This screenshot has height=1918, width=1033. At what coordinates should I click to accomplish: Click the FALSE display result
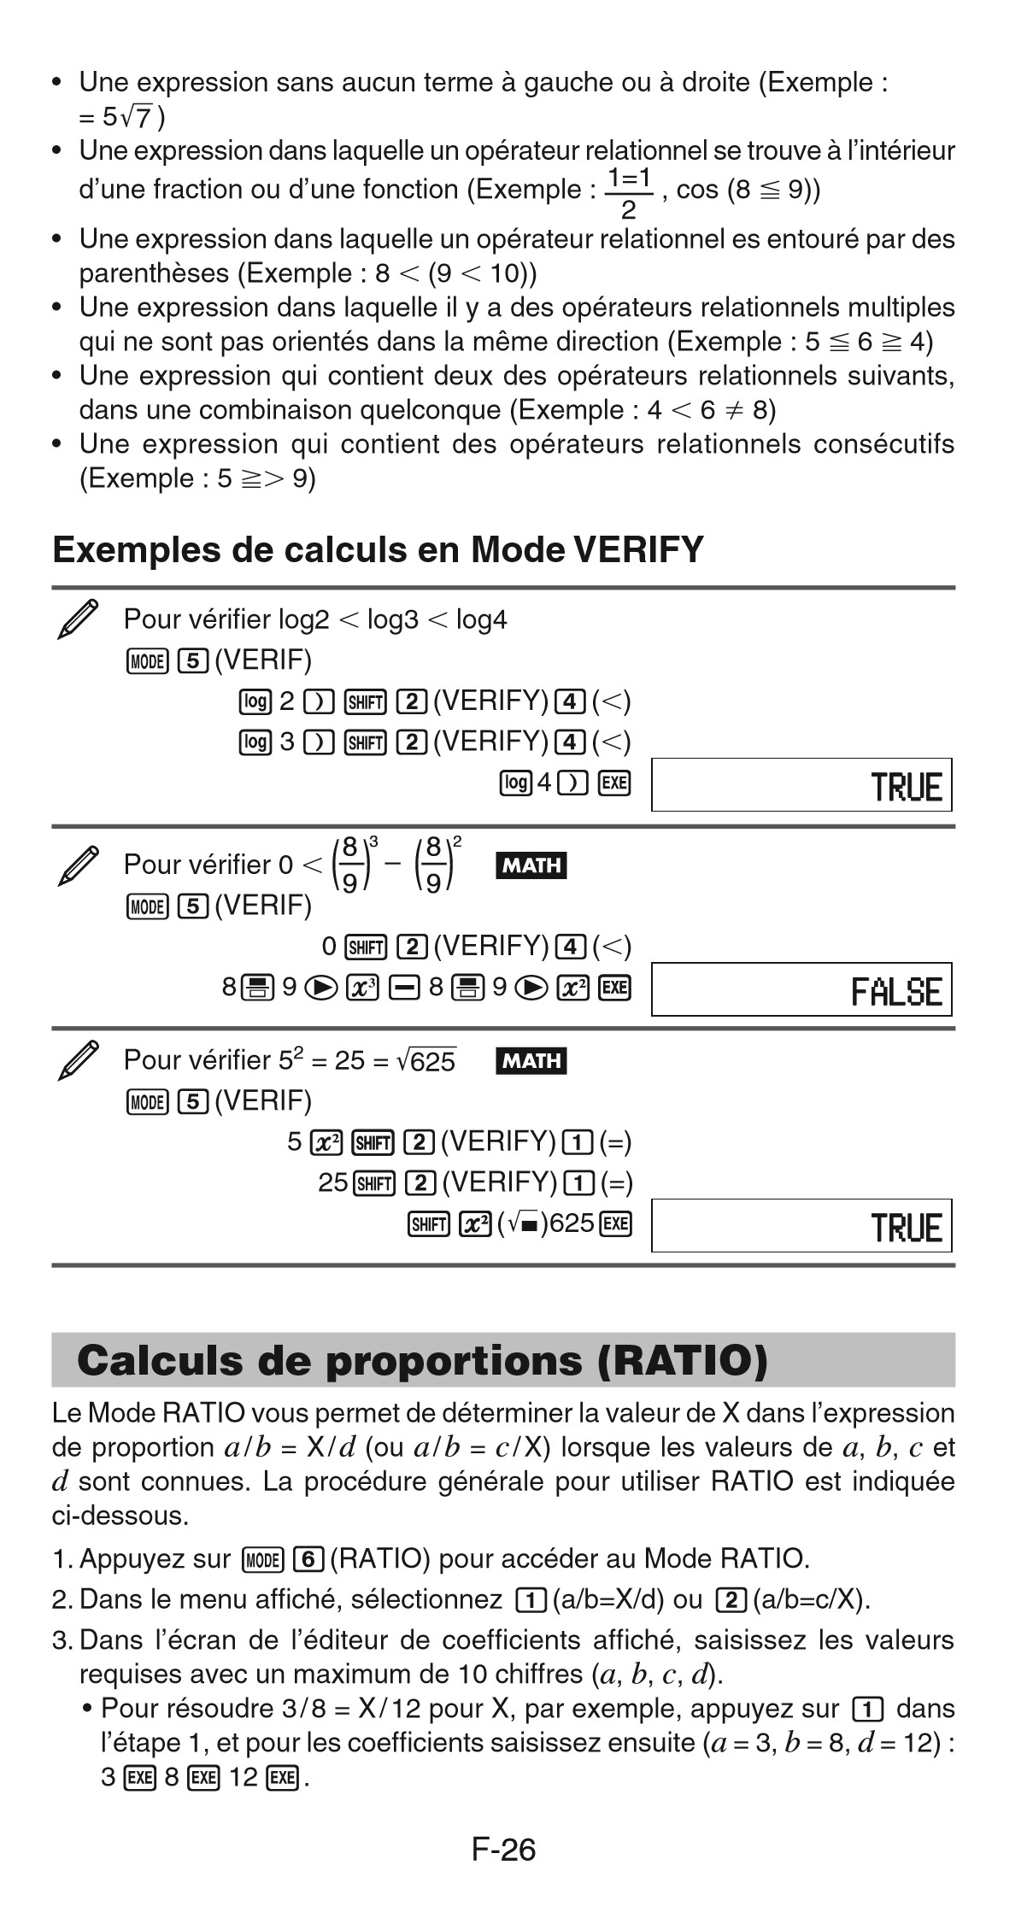click(x=896, y=992)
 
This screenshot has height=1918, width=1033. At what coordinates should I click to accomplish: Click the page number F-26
click(x=503, y=1851)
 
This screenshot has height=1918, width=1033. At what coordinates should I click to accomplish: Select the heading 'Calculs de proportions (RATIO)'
click(x=422, y=1361)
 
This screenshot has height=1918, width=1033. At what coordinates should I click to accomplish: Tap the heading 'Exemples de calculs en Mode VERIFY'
click(x=378, y=549)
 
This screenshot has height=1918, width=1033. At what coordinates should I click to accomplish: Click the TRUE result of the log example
click(x=907, y=786)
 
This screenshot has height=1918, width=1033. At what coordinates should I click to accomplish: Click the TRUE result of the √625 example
click(x=907, y=1228)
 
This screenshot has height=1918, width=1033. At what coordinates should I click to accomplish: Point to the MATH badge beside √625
click(x=531, y=1061)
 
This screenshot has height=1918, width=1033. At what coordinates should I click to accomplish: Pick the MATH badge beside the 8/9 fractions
click(x=531, y=865)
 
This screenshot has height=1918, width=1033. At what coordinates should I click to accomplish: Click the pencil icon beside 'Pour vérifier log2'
click(x=78, y=619)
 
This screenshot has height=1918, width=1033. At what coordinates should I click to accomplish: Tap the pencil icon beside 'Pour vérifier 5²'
click(x=78, y=1060)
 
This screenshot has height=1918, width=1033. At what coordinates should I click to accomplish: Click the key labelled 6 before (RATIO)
click(x=308, y=1558)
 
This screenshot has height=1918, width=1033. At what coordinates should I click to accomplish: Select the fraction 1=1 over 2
click(x=629, y=192)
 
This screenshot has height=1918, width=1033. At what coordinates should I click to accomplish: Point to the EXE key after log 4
click(x=614, y=783)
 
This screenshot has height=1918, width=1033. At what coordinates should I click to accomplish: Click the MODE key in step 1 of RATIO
click(x=262, y=1559)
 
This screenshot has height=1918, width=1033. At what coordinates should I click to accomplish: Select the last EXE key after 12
click(x=281, y=1778)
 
